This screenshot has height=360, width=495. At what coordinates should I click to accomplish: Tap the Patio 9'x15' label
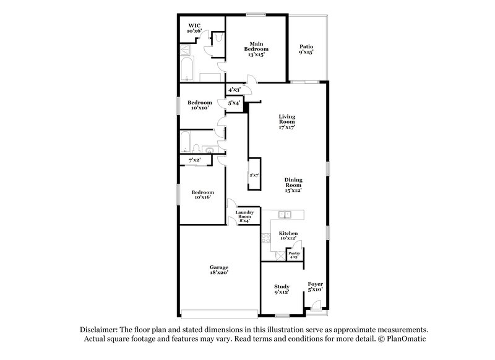[x=306, y=49]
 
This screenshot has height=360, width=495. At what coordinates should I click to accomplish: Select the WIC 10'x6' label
[x=195, y=28]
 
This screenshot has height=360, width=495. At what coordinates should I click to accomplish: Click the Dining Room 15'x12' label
[x=293, y=184]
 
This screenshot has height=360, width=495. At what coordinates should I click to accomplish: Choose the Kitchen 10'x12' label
[x=288, y=235]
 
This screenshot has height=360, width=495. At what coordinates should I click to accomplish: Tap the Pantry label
[x=294, y=255]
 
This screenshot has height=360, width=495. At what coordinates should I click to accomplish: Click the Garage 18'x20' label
[x=220, y=269]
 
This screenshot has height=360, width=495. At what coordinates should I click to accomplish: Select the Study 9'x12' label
[x=282, y=289]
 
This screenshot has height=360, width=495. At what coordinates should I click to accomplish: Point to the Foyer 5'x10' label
[x=315, y=286]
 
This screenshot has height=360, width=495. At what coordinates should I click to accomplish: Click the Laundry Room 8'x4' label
[x=243, y=216]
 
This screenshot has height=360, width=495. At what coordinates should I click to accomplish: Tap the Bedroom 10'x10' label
[x=200, y=105]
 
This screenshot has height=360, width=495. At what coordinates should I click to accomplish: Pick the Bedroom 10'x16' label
[x=200, y=195]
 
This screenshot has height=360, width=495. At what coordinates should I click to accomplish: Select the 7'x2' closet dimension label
[x=195, y=161]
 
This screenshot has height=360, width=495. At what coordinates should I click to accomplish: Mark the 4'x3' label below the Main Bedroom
[x=235, y=90]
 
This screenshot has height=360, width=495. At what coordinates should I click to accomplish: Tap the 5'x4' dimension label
[x=235, y=103]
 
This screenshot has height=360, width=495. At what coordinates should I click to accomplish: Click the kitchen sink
[x=285, y=215]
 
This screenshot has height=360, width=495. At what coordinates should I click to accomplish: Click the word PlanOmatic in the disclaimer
[x=405, y=339]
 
